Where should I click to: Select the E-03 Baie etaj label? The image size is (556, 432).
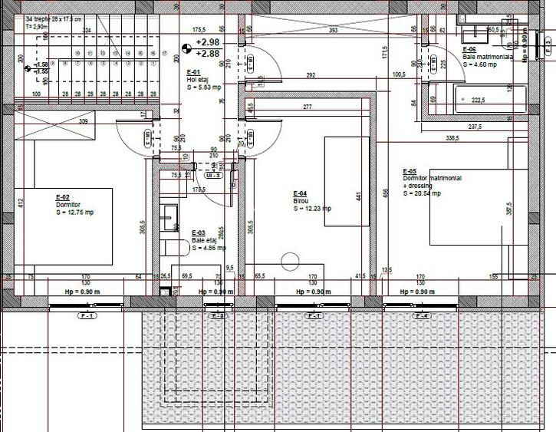click(x=198, y=232)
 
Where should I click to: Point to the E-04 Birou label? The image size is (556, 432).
click(x=301, y=193)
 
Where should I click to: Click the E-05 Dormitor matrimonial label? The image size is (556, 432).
click(x=410, y=171)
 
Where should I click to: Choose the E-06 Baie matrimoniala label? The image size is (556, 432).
click(x=469, y=49)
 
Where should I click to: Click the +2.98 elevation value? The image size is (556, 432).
click(x=207, y=42)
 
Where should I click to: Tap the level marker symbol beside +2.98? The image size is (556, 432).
click(x=185, y=48)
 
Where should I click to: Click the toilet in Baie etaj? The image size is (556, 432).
click(x=174, y=247)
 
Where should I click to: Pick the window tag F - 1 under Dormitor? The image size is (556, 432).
click(x=87, y=316)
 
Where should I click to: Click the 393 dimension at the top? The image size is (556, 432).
click(x=333, y=31)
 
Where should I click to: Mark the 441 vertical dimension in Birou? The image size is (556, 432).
click(x=358, y=196)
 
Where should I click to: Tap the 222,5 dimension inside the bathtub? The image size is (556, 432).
click(x=479, y=100)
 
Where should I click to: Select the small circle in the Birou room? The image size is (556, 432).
click(x=290, y=261)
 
